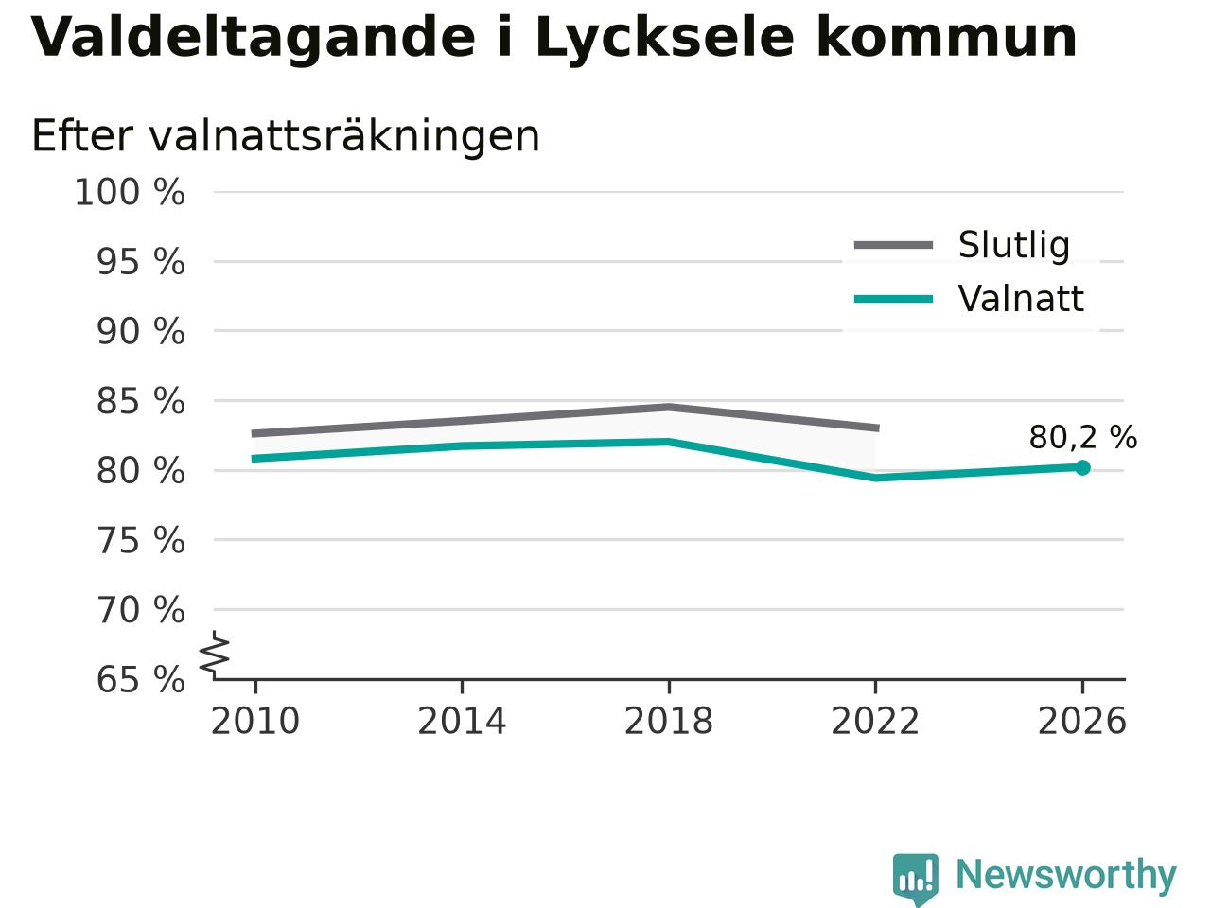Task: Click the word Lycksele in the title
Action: click(x=665, y=39)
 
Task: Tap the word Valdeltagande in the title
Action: click(x=253, y=38)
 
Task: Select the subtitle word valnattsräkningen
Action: click(x=344, y=136)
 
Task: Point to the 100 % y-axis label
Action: click(x=130, y=193)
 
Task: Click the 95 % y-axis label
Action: click(x=141, y=262)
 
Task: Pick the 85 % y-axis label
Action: click(x=141, y=401)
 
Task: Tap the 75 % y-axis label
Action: click(x=141, y=540)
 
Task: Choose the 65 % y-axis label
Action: click(x=141, y=679)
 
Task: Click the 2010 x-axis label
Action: click(x=254, y=721)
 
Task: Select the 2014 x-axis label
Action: click(x=462, y=721)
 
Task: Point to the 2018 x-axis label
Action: click(x=669, y=721)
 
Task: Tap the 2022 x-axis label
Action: click(x=875, y=721)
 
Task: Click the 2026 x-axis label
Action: click(x=1082, y=721)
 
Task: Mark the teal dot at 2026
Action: click(x=1082, y=467)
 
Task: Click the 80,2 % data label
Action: click(x=1083, y=438)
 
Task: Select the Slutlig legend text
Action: click(x=1014, y=245)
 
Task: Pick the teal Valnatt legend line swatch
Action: click(x=893, y=300)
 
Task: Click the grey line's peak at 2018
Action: click(x=669, y=407)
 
